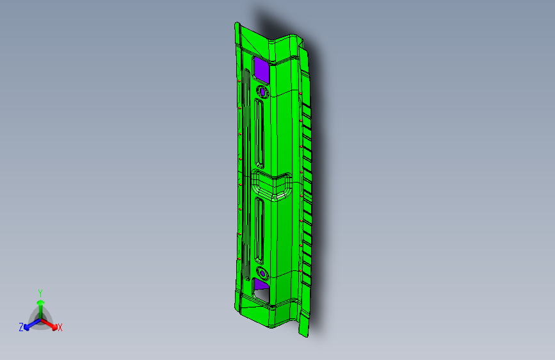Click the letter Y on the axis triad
pos(40,292)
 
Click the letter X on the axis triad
pos(60,328)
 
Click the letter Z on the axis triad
pos(21,327)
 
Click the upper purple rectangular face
pos(261,68)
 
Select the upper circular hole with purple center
pos(261,91)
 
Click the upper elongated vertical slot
pos(260,133)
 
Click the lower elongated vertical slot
pos(260,231)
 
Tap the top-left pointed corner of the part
pos(236,24)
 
